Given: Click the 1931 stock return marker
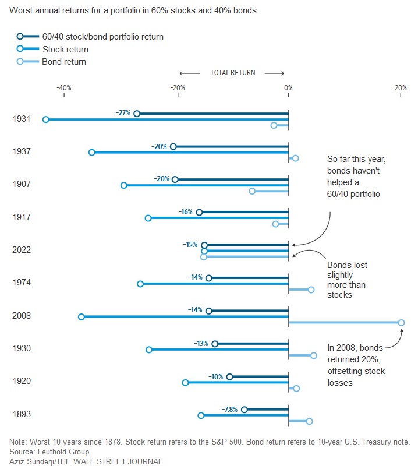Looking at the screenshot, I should pyautogui.click(x=46, y=119).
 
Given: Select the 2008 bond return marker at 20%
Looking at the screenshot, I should pyautogui.click(x=401, y=322).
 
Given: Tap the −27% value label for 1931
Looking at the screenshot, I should pyautogui.click(x=123, y=113).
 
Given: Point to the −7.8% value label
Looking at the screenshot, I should pyautogui.click(x=230, y=409).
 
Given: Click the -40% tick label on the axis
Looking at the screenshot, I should pyautogui.click(x=63, y=88).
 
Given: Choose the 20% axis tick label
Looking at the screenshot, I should pyautogui.click(x=401, y=88).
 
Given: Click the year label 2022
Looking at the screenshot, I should pyautogui.click(x=22, y=250).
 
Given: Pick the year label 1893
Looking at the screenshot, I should pyautogui.click(x=22, y=414).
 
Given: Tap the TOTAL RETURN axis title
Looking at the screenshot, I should pyautogui.click(x=232, y=73).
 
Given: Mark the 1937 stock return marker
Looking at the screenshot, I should pyautogui.click(x=92, y=152).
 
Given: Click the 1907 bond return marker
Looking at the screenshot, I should pyautogui.click(x=252, y=191).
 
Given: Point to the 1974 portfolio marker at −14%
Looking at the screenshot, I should pyautogui.click(x=209, y=278).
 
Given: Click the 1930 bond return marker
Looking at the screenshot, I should pyautogui.click(x=314, y=355).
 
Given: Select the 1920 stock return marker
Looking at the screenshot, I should pyautogui.click(x=186, y=383).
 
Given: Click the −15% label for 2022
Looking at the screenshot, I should pyautogui.click(x=190, y=245).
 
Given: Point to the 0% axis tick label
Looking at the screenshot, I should pyautogui.click(x=288, y=88).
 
